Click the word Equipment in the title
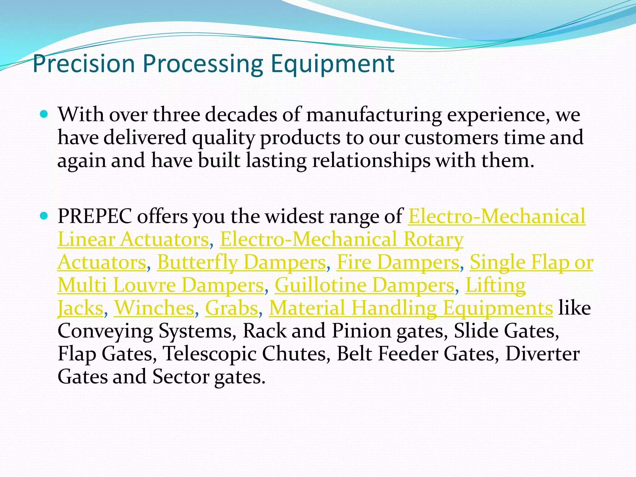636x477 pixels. pos(332,64)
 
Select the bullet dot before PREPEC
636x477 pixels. pos(44,216)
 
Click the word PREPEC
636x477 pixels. pos(95,216)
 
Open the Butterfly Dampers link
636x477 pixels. pos(241,262)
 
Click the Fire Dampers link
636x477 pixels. pos(398,262)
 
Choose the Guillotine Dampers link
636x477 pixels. pos(365,285)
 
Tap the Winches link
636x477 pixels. pos(154,308)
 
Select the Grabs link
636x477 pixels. pos(232,308)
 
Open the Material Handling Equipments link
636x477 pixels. pos(411,308)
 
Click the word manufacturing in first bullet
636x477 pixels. pos(374,115)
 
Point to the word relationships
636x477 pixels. pos(371,161)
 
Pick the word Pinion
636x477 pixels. pos(361,331)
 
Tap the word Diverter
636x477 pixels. pos(542,354)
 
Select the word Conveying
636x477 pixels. pos(105,331)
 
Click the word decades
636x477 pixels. pos(241,115)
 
